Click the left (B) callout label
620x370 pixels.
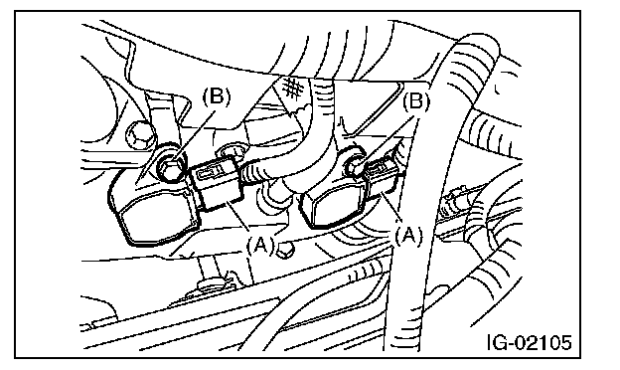point(216,96)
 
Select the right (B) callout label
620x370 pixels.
point(415,102)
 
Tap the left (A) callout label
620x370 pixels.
point(259,246)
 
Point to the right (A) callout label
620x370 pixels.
point(408,236)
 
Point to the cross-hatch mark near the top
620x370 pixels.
point(291,88)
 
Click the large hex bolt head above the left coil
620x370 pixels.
point(139,135)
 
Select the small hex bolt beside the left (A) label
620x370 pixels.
point(285,250)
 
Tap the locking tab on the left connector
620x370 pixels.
point(208,172)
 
